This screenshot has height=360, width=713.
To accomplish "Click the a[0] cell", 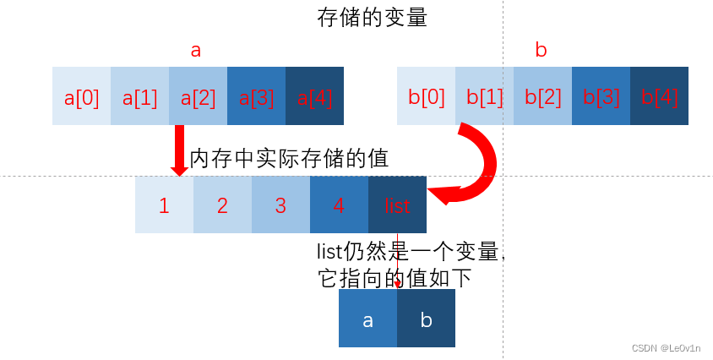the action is (x=82, y=96).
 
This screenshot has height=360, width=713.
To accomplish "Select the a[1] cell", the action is (x=140, y=96).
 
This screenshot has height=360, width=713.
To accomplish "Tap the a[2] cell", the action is (x=199, y=96).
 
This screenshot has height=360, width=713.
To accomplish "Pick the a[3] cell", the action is (x=257, y=96).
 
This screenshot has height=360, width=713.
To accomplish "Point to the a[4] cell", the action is (x=315, y=96).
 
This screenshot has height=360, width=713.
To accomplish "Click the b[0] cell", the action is (x=427, y=96).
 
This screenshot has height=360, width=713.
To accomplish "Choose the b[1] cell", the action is (x=485, y=96).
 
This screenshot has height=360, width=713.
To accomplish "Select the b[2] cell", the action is (x=543, y=96).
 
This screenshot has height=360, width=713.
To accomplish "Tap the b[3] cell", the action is (x=601, y=96).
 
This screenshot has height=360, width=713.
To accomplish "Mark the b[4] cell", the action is (x=660, y=96).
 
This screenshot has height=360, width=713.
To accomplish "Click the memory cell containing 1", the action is (x=165, y=205).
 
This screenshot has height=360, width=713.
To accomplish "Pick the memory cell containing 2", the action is (x=223, y=205).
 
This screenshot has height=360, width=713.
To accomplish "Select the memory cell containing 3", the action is (x=281, y=205).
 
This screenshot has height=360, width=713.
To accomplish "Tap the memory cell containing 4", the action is (x=340, y=205).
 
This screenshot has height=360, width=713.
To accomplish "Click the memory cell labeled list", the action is (x=398, y=205).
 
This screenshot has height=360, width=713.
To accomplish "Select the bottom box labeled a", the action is (x=368, y=319).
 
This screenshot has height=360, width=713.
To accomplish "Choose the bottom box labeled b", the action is (x=427, y=319).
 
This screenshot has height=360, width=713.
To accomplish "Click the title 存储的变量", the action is (x=373, y=18).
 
